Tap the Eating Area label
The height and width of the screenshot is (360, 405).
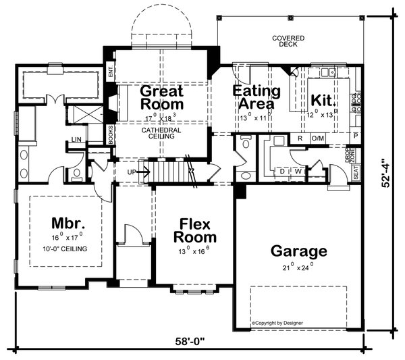[253, 97]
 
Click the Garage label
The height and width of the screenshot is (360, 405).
[299, 251]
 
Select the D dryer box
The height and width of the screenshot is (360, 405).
[281, 172]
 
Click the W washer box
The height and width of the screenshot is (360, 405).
[298, 172]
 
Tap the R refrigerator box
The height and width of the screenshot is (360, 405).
[299, 138]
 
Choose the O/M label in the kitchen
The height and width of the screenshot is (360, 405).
[317, 138]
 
